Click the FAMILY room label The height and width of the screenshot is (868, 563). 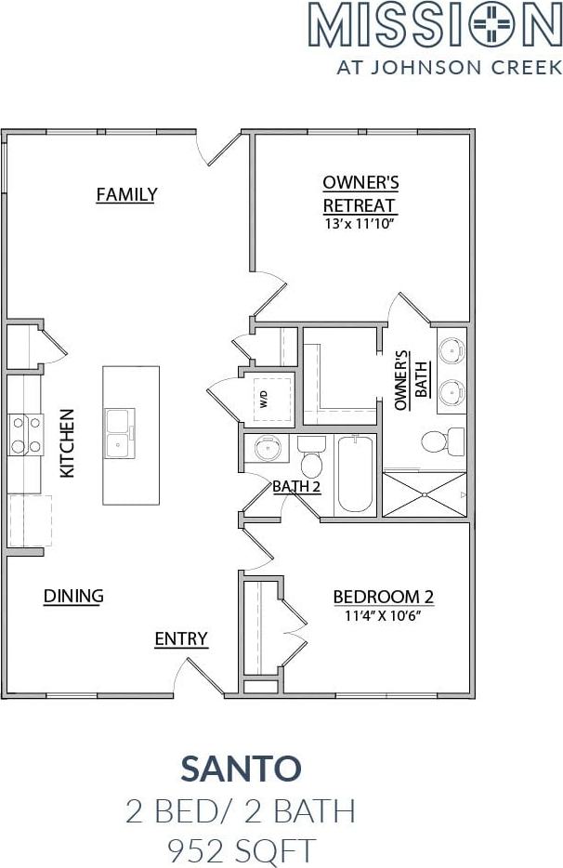point(126,194)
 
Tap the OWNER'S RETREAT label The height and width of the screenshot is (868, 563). point(360,193)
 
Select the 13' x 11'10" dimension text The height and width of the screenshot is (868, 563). point(360,224)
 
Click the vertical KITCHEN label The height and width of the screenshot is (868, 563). point(67,443)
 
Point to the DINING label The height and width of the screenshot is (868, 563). point(73,596)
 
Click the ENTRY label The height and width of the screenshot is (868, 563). point(180,638)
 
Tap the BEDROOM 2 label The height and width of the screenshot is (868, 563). point(383,597)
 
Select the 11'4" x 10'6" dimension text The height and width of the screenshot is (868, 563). point(383,615)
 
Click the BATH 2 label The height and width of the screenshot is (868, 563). point(296,486)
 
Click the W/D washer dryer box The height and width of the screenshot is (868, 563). point(268,400)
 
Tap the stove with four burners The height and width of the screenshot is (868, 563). point(25,434)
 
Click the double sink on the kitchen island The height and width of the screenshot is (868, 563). point(120,434)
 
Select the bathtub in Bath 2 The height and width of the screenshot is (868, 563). point(355,474)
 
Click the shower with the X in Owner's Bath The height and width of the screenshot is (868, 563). point(424,494)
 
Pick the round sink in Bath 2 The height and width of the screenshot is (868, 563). point(266,449)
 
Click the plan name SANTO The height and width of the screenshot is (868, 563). point(241,769)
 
